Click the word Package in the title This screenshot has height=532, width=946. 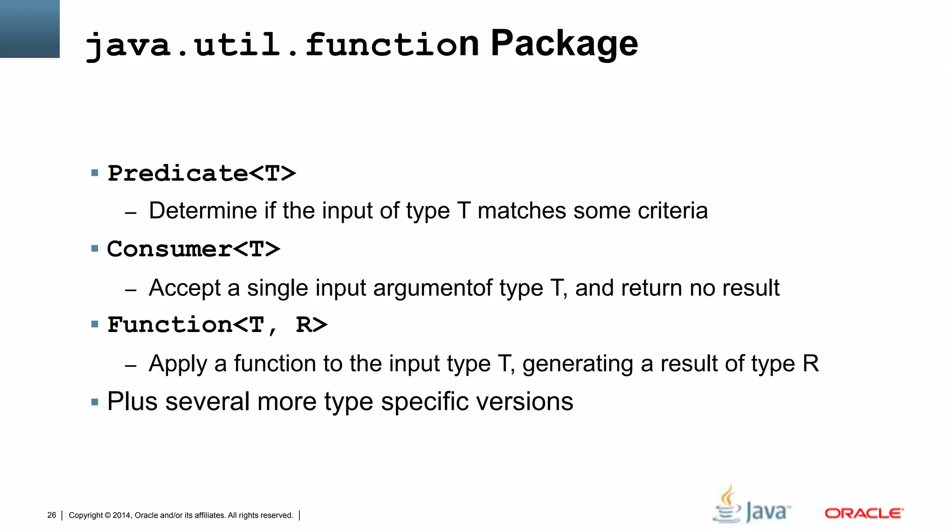click(x=564, y=44)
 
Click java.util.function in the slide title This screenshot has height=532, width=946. click(x=282, y=45)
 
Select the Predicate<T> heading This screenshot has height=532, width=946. click(x=201, y=174)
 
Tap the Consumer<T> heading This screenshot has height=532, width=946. click(x=194, y=249)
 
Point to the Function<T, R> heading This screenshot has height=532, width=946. click(x=217, y=325)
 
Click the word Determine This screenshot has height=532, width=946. click(x=203, y=211)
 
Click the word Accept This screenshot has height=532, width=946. click(x=185, y=288)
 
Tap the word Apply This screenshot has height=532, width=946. click(x=178, y=364)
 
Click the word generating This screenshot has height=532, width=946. click(x=577, y=364)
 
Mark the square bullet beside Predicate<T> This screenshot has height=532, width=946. click(x=95, y=173)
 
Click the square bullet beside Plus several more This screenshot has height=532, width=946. click(x=95, y=402)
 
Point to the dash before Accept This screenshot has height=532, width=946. click(x=131, y=290)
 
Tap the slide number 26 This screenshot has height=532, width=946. click(x=52, y=515)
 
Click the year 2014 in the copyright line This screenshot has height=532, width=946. click(x=121, y=515)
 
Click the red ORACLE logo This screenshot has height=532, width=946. click(x=864, y=514)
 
